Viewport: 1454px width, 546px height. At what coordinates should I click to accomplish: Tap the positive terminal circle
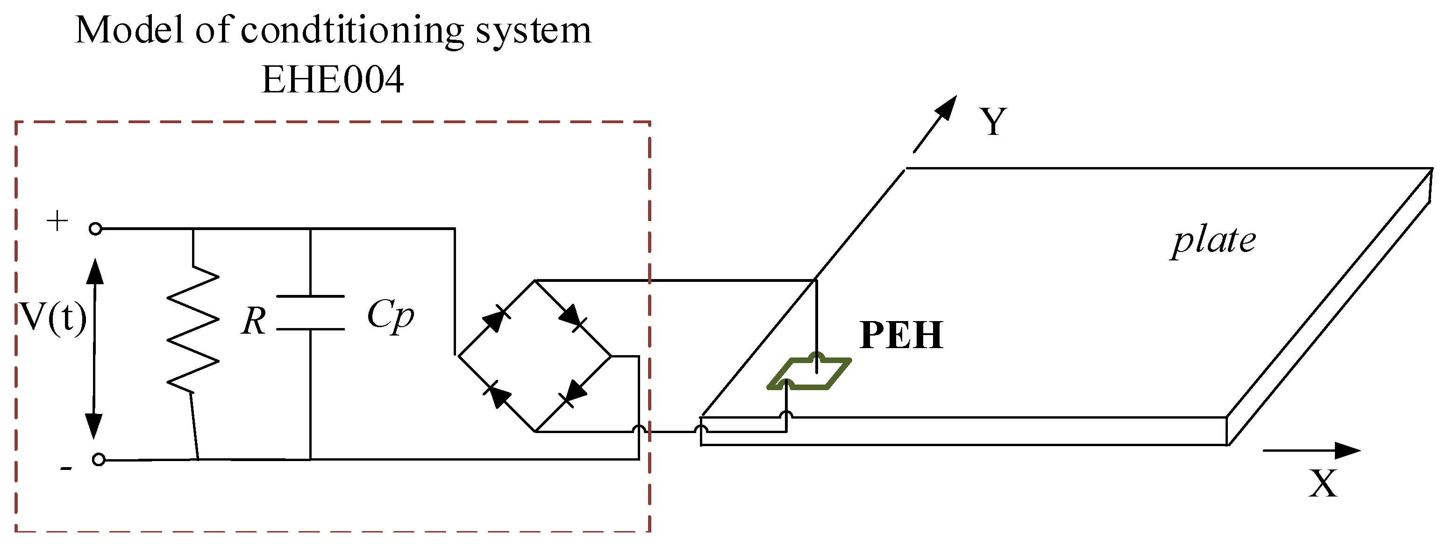click(95, 229)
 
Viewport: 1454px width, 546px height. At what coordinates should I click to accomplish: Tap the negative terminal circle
click(98, 460)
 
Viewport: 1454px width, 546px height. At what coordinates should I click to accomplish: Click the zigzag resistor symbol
click(192, 330)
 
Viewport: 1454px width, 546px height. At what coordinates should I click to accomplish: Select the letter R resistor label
click(253, 322)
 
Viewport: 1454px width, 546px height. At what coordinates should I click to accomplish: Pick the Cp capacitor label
click(390, 315)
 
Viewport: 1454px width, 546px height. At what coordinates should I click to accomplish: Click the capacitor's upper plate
click(310, 296)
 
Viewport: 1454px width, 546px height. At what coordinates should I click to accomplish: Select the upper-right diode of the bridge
click(572, 317)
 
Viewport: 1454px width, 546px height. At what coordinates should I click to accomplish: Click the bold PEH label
click(901, 336)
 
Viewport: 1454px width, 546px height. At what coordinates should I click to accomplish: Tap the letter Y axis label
click(993, 121)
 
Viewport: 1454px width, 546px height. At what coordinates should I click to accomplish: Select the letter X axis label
click(1323, 483)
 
